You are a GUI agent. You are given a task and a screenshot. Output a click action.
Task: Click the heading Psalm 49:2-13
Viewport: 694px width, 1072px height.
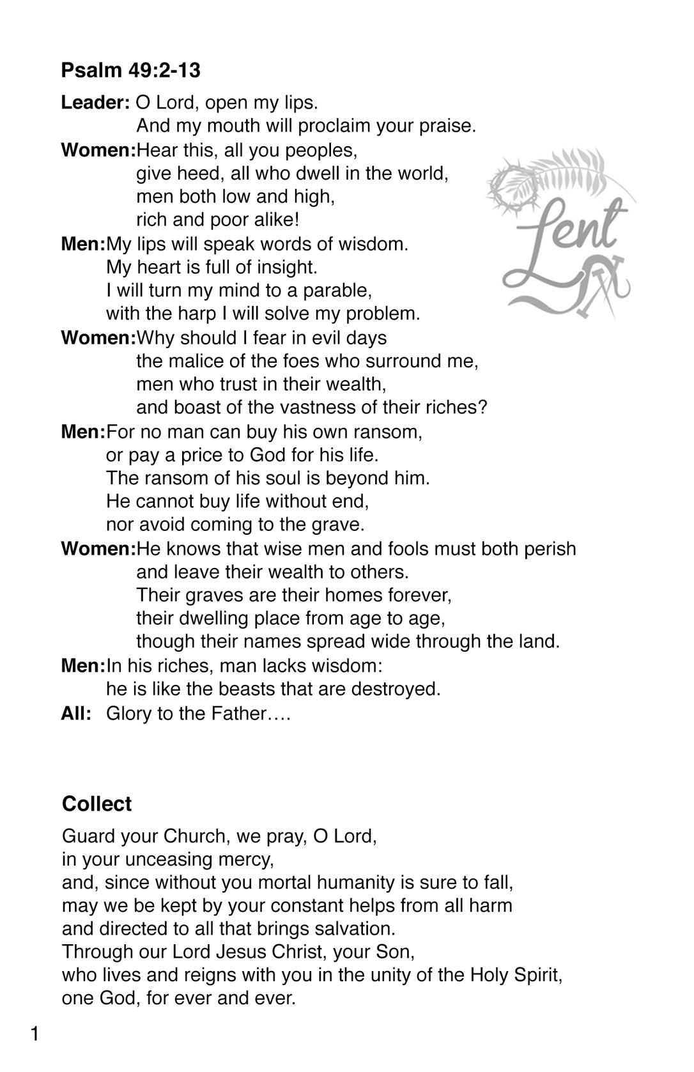click(x=130, y=70)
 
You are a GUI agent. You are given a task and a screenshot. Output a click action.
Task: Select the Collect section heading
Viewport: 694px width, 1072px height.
click(x=96, y=804)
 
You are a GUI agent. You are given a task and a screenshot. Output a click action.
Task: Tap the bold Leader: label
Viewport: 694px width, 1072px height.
click(x=96, y=102)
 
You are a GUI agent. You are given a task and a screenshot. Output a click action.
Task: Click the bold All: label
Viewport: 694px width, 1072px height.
click(x=76, y=713)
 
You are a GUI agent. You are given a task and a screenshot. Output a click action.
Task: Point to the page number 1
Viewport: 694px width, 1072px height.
click(x=35, y=1034)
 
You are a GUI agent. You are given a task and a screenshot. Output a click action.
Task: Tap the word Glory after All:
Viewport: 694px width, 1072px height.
click(x=128, y=713)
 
